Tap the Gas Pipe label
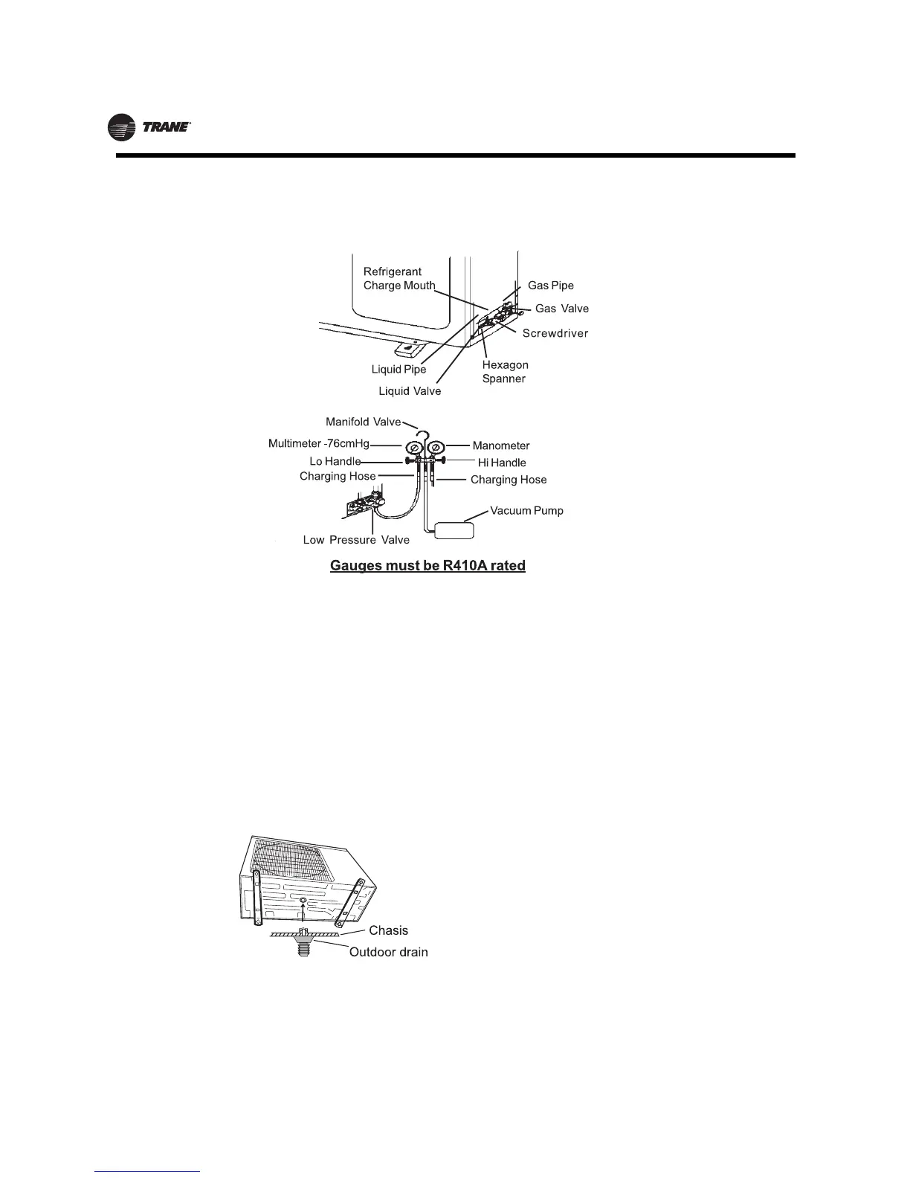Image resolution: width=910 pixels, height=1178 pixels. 550,286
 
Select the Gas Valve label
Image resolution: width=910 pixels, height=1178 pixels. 561,309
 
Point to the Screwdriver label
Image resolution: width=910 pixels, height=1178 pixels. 555,333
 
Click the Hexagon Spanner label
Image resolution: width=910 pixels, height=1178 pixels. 505,372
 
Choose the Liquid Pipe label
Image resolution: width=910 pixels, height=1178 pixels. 398,370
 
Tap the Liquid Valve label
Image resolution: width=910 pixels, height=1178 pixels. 410,391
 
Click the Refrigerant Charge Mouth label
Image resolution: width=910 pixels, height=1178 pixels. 399,279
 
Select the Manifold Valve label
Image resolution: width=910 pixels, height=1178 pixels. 363,422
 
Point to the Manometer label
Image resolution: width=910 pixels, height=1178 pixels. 501,446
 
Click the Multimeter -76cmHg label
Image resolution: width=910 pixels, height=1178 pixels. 318,444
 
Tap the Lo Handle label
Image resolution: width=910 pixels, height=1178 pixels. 335,462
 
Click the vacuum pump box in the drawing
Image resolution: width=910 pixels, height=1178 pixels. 454,530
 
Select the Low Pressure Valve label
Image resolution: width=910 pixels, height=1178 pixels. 356,540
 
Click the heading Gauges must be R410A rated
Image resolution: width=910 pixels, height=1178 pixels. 427,566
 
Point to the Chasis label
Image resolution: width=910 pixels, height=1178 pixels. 388,930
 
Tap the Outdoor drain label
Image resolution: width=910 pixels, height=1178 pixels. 388,952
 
